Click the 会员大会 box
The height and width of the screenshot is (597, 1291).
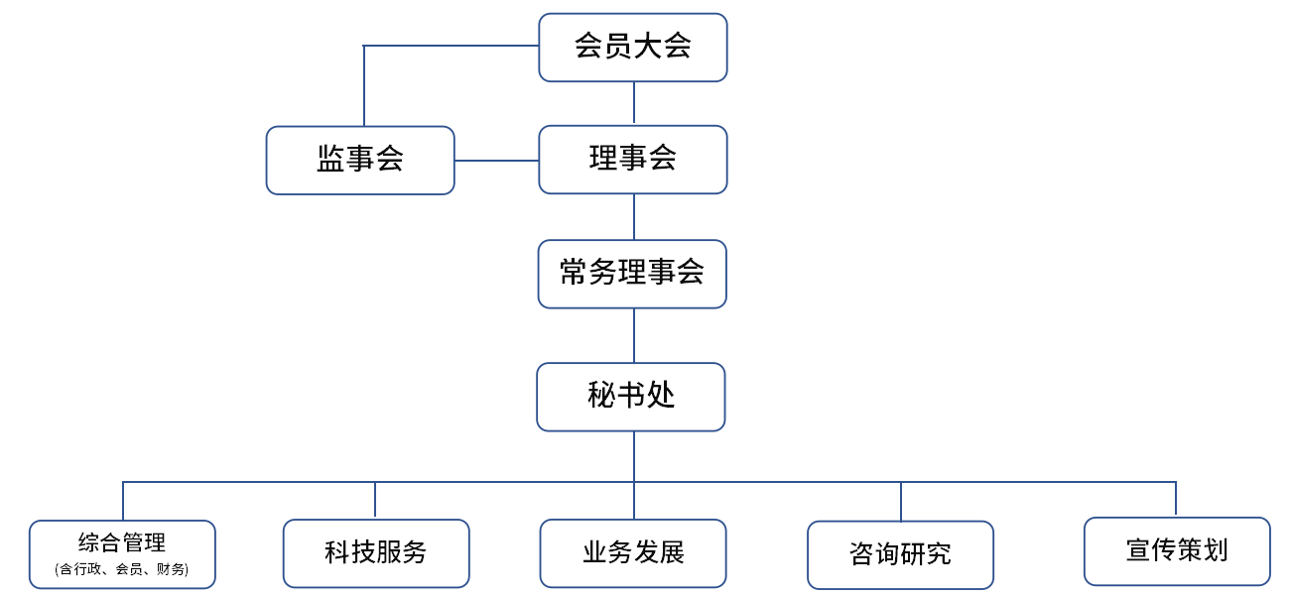pos(633,47)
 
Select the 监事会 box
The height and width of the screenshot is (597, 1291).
pos(360,160)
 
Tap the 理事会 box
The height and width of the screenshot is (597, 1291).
pos(633,159)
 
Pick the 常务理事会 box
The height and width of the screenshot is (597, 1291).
pos(632,274)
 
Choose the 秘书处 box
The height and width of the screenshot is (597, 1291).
pos(631,397)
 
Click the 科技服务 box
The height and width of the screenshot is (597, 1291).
pos(376,553)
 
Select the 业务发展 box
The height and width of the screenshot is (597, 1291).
pos(633,553)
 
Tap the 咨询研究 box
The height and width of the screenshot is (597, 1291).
pos(900,554)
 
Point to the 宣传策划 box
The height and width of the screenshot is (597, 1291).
pos(1177,550)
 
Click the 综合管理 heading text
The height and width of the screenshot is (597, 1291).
pos(122,542)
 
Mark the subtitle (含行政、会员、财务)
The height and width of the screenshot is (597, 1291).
pos(122,569)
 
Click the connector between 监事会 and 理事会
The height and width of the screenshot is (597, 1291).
pos(496,161)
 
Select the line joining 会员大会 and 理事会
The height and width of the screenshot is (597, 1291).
pos(634,103)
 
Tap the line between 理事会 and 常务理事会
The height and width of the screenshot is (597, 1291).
pos(634,216)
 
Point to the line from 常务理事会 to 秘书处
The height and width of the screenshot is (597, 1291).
pos(634,335)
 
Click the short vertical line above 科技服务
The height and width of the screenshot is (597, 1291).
pos(375,500)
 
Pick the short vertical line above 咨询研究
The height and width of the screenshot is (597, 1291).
pos(901,501)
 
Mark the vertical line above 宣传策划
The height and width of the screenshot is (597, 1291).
pos(1176,499)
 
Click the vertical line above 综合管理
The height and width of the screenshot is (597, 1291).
pos(123,501)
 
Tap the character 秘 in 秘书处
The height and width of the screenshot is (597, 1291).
pos(602,397)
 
